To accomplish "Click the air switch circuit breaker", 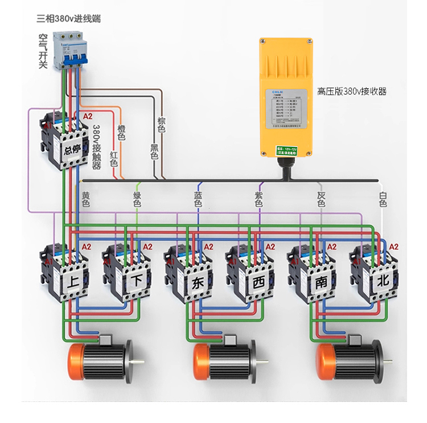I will coord(68,51).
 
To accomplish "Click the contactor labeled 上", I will coord(65,272).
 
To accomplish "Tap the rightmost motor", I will coord(351,360).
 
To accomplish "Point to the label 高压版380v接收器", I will coord(352,91).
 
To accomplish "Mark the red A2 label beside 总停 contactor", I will coord(88,116).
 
